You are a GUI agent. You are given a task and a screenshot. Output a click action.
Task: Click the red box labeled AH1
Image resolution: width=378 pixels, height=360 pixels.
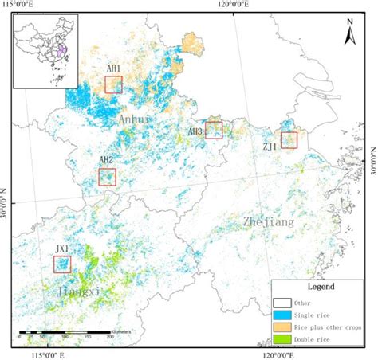pyautogui.click(x=113, y=84)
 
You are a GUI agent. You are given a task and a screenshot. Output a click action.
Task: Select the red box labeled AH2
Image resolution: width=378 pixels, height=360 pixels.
pyautogui.click(x=107, y=177)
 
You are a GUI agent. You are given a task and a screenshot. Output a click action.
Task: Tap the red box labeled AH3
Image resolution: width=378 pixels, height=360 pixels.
pyautogui.click(x=213, y=130)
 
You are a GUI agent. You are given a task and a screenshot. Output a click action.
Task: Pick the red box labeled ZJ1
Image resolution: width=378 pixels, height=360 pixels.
pyautogui.click(x=288, y=140)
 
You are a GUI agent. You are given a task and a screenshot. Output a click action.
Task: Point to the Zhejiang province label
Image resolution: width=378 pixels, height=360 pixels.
pyautogui.click(x=268, y=223)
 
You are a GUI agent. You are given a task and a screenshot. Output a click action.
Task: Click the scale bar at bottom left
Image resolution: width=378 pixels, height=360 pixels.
pyautogui.click(x=64, y=332)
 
